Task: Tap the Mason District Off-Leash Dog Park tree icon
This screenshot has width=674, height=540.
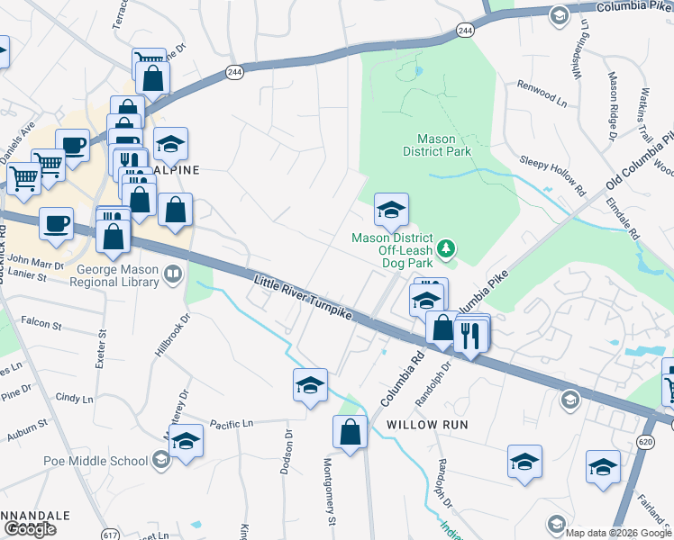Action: coord(444,247)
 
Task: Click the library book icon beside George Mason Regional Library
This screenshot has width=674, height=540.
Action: coord(172,273)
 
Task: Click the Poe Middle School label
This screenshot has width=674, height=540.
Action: coord(96,461)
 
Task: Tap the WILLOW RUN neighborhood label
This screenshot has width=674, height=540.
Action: coord(424,424)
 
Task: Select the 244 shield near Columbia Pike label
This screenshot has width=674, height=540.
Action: coord(465,31)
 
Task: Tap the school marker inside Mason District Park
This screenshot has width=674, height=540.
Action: coord(391,211)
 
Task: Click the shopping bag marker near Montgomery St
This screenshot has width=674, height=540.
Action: coord(350,432)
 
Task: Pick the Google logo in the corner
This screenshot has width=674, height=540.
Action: coord(30,529)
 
